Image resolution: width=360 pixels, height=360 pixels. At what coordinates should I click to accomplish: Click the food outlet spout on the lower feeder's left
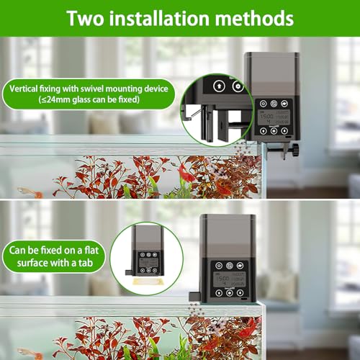[x=192, y=296]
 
